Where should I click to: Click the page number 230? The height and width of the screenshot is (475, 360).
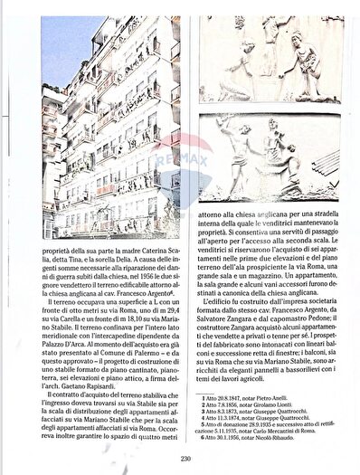point(184,459)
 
